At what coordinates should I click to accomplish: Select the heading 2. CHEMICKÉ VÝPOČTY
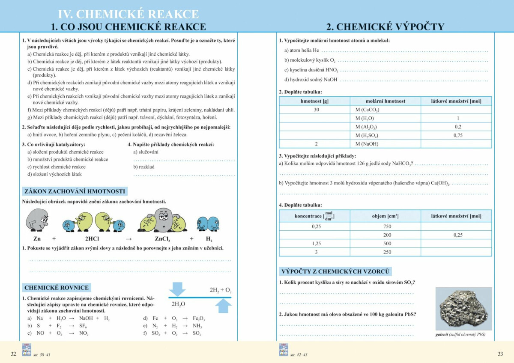click(x=385, y=27)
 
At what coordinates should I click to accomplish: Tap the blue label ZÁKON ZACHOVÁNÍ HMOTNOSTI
click(x=75, y=191)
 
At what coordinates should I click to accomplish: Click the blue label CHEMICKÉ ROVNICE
click(x=57, y=288)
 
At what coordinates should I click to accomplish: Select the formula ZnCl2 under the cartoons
click(x=163, y=239)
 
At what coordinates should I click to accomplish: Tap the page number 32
click(x=13, y=354)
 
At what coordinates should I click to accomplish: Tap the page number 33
click(x=500, y=354)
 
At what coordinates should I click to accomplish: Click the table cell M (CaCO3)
click(x=367, y=110)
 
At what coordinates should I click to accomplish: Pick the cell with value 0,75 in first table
click(x=458, y=135)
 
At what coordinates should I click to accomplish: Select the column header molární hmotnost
click(x=385, y=101)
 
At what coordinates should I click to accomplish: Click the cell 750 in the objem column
click(x=387, y=226)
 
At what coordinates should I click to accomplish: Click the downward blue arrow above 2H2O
click(x=177, y=289)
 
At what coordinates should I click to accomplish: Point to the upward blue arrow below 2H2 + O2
click(x=223, y=306)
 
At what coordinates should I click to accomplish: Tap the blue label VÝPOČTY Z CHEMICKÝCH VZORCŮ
click(x=335, y=271)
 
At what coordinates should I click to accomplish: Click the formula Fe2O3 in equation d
click(x=199, y=318)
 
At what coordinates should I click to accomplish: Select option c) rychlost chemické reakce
click(x=56, y=167)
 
